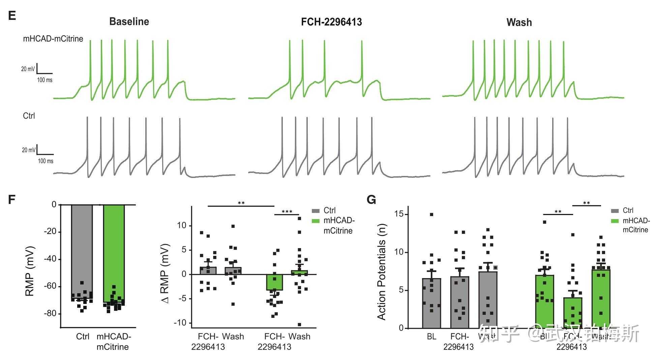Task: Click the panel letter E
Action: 12,16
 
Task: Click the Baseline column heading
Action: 129,22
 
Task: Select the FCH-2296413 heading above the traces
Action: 331,22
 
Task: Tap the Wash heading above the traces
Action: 519,23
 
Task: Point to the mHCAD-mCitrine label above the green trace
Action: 53,39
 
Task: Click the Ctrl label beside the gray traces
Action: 29,116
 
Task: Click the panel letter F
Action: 12,200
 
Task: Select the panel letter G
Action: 371,200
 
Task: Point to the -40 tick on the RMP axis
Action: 50,259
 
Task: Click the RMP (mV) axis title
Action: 30,271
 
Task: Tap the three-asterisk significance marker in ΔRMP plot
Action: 287,212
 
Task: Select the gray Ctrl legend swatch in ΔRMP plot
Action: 316,211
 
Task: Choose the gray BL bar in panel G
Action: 431,303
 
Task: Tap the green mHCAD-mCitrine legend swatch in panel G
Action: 615,221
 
